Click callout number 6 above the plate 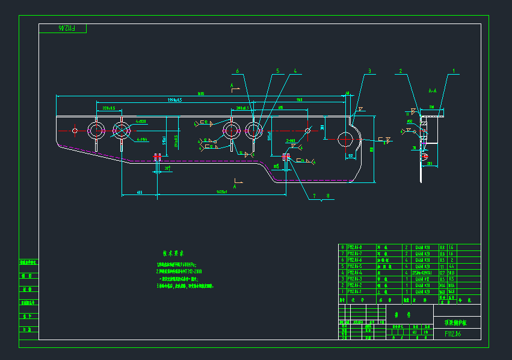coord(238,71)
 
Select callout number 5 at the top coord(277,71)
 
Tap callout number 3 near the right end coord(370,71)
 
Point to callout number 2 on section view coord(400,71)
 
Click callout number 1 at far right coord(454,71)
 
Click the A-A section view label coord(432,91)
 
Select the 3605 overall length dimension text coord(202,94)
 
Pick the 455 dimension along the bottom coord(139,192)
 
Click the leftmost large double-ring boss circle coord(96,130)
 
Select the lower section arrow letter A coord(235,187)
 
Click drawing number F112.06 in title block coord(452,334)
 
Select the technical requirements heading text coord(173,253)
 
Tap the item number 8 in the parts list coord(342,247)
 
